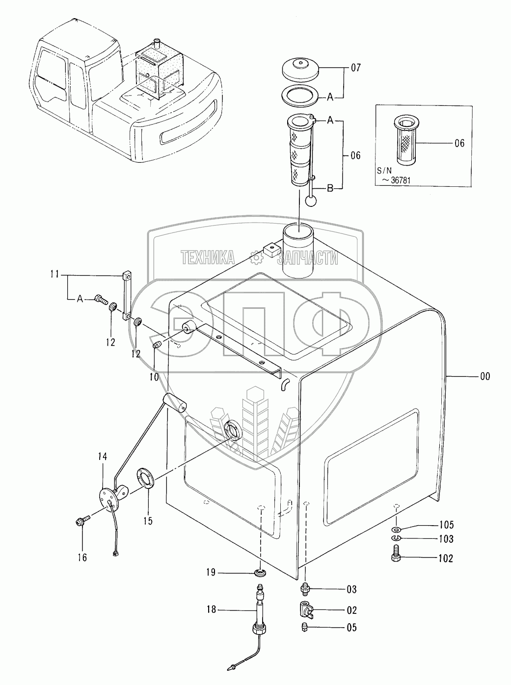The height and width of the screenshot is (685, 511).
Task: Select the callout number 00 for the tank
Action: pyautogui.click(x=484, y=377)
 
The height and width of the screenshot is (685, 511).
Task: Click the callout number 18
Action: pyautogui.click(x=212, y=610)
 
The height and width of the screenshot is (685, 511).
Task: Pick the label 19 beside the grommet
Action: pyautogui.click(x=211, y=572)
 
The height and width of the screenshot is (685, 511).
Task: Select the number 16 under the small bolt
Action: pyautogui.click(x=82, y=558)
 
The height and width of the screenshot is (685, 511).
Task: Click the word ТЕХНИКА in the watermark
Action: pyautogui.click(x=208, y=257)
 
